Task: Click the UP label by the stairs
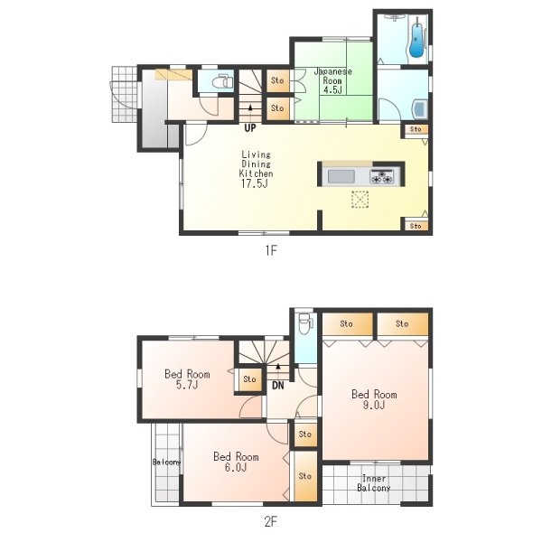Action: pos(250,128)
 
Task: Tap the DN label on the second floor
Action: pos(278,386)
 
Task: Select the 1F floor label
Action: pos(271,250)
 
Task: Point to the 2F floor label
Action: pos(271,521)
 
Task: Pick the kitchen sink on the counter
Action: pos(341,177)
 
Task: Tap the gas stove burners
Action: pos(381,176)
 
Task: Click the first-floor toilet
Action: pos(221,82)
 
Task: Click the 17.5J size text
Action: pos(255,183)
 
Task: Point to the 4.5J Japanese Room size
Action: pos(332,90)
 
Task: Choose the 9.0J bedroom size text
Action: pos(374,405)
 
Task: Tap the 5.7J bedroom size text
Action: pos(187,385)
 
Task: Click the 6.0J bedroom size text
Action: pos(236,467)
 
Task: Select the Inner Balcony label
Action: pos(374,483)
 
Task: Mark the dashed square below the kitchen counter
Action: pos(360,199)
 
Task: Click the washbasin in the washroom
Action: pos(420,109)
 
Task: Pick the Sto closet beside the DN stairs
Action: pos(249,379)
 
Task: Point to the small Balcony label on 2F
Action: pos(166,462)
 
